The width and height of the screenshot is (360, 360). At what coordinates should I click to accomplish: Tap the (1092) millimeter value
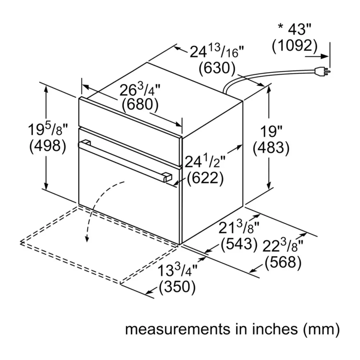295,45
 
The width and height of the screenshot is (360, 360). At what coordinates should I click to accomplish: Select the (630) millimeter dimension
217,68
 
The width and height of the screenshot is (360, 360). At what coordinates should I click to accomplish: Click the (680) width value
140,104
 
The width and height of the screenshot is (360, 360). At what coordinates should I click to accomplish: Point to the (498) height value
48,146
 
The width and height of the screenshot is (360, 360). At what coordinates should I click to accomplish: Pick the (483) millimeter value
271,148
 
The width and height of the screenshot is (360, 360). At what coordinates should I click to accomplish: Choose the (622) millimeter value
205,178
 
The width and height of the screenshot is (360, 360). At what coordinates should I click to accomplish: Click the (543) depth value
239,244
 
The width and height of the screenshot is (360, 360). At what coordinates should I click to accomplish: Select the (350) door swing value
177,287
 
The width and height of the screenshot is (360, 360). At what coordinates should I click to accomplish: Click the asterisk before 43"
280,27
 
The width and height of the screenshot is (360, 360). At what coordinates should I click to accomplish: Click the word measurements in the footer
177,329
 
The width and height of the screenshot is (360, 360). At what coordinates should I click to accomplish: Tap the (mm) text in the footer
321,329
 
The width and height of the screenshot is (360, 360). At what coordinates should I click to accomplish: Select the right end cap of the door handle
168,178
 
